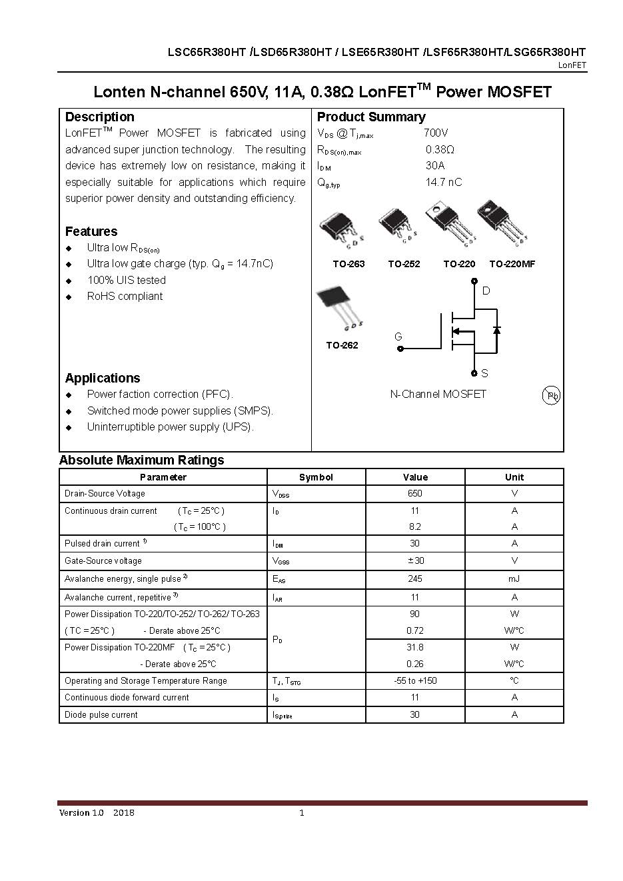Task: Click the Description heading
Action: (99, 117)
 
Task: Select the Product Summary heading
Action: (370, 117)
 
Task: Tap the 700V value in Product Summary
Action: (435, 133)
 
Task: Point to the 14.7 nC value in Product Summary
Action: (443, 183)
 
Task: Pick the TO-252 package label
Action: (404, 264)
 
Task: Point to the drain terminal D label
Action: (486, 291)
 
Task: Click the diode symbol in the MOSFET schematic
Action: (496, 330)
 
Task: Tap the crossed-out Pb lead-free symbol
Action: (552, 395)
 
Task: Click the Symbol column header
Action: (316, 477)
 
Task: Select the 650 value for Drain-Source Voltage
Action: (414, 494)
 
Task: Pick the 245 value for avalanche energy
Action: (414, 579)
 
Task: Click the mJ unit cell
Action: (514, 579)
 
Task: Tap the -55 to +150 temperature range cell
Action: (414, 681)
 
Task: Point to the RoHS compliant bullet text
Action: (125, 297)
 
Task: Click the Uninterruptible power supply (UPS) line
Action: (170, 427)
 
